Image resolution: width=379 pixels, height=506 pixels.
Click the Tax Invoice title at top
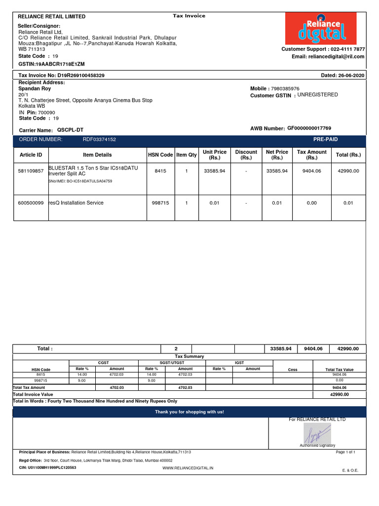[189, 16]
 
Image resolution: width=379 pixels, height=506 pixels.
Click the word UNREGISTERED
[318, 95]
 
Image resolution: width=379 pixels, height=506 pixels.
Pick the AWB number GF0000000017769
[305, 128]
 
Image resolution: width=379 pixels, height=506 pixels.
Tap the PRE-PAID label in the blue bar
[325, 140]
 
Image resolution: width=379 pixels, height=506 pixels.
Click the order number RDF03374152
[99, 140]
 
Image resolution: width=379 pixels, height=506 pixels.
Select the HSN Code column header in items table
[160, 155]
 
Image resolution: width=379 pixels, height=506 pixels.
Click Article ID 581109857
[31, 171]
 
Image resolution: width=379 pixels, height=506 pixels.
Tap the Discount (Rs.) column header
[246, 155]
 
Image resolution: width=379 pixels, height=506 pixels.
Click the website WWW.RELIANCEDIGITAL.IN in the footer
[188, 467]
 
